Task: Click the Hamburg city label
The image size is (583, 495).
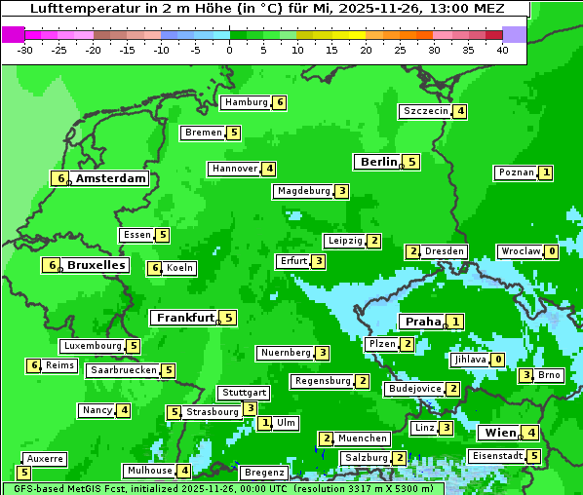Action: tap(245, 102)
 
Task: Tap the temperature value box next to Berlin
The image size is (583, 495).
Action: tap(412, 162)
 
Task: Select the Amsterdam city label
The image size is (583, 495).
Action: tap(111, 178)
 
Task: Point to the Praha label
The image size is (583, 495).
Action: tap(423, 322)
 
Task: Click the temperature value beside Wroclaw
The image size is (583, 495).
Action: tap(552, 251)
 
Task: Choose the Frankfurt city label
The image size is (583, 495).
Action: tap(185, 318)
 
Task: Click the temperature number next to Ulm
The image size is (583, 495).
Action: tap(265, 423)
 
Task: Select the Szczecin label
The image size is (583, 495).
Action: tap(426, 111)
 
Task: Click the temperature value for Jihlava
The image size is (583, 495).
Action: tap(498, 360)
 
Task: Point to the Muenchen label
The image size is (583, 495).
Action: tap(363, 438)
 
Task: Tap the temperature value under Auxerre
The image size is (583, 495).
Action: tap(24, 473)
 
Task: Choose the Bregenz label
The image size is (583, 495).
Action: tap(263, 473)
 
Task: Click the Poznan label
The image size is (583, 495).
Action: tap(516, 172)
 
